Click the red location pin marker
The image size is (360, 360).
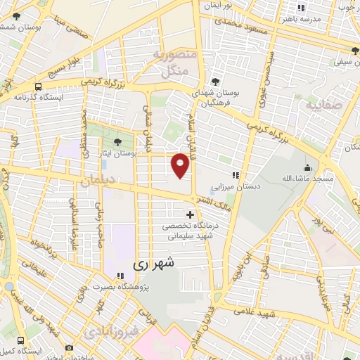[181, 165]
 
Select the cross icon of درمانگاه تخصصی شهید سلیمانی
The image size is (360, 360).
[190, 214]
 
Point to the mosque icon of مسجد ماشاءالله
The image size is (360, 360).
[307, 167]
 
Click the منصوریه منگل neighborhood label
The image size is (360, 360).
[172, 63]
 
